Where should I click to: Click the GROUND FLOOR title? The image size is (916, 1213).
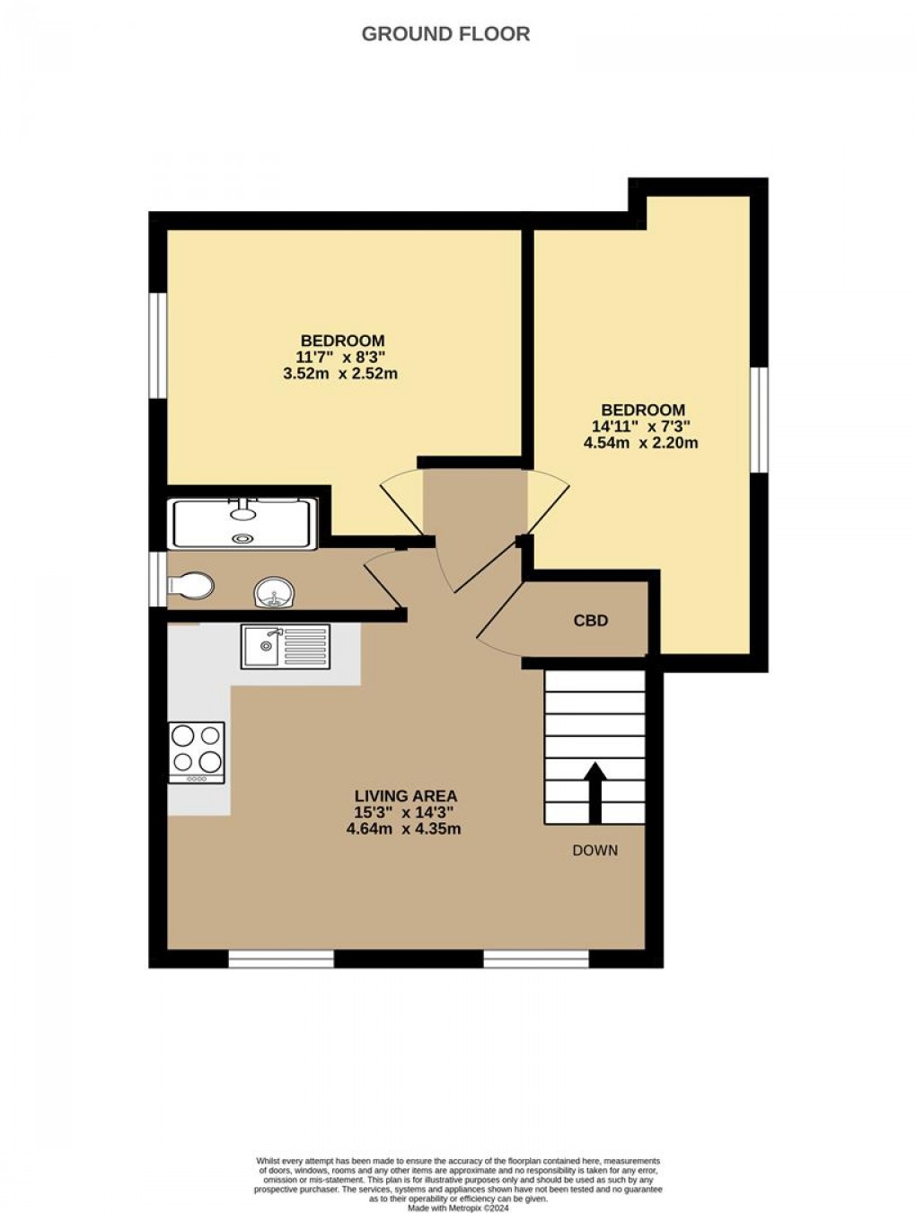(x=445, y=34)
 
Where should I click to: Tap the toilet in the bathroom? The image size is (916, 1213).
(x=190, y=586)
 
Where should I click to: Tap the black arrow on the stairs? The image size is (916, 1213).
(x=595, y=791)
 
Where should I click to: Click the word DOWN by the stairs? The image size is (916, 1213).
(x=595, y=850)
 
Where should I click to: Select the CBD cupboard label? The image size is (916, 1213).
(x=591, y=621)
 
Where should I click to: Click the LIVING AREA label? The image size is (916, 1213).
(x=406, y=795)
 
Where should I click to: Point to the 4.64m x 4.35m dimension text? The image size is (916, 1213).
(x=404, y=828)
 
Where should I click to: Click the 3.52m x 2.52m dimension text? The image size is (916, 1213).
(x=340, y=373)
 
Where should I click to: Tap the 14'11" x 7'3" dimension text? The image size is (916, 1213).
(x=637, y=426)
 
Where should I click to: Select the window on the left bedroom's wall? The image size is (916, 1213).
(x=158, y=343)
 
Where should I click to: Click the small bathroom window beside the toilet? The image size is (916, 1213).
(x=158, y=582)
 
